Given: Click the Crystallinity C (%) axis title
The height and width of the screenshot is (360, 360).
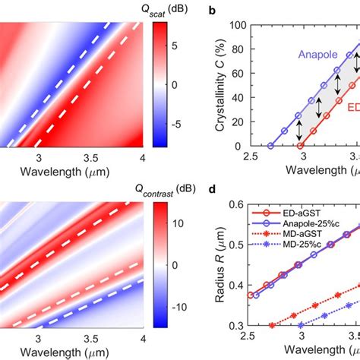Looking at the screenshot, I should point(219,85).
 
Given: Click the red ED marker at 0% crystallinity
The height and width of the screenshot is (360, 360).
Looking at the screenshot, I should point(300,146).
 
